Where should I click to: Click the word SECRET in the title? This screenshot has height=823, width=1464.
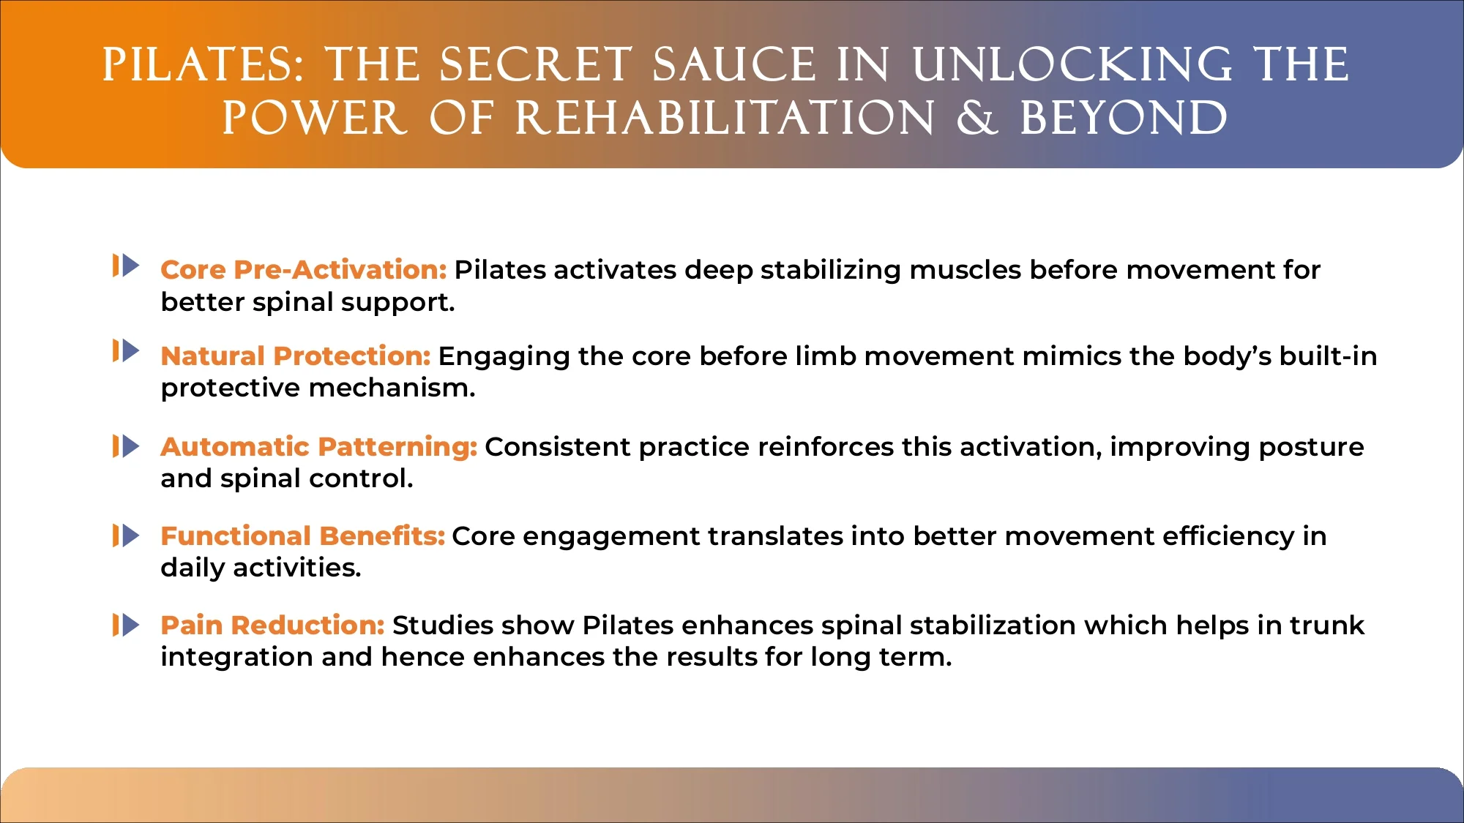(535, 64)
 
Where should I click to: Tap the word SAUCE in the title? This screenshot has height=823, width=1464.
(734, 64)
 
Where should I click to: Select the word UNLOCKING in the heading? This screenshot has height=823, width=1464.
(1072, 64)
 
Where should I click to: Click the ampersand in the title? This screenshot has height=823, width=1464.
(977, 118)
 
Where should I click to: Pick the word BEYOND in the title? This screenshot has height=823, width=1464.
(1124, 118)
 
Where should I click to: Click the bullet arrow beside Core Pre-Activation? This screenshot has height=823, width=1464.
(126, 266)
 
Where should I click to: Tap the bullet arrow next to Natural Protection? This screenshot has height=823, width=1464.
(126, 351)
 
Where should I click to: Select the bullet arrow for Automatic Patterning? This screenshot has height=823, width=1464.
(126, 446)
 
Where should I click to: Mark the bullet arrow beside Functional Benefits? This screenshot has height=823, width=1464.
(126, 536)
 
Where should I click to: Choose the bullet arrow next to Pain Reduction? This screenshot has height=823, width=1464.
(126, 625)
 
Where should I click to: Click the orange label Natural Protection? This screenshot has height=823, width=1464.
(296, 356)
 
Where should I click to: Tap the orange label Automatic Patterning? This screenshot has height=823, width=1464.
(319, 447)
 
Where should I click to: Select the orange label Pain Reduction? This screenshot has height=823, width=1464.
(273, 625)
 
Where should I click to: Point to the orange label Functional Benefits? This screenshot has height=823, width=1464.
(303, 536)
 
